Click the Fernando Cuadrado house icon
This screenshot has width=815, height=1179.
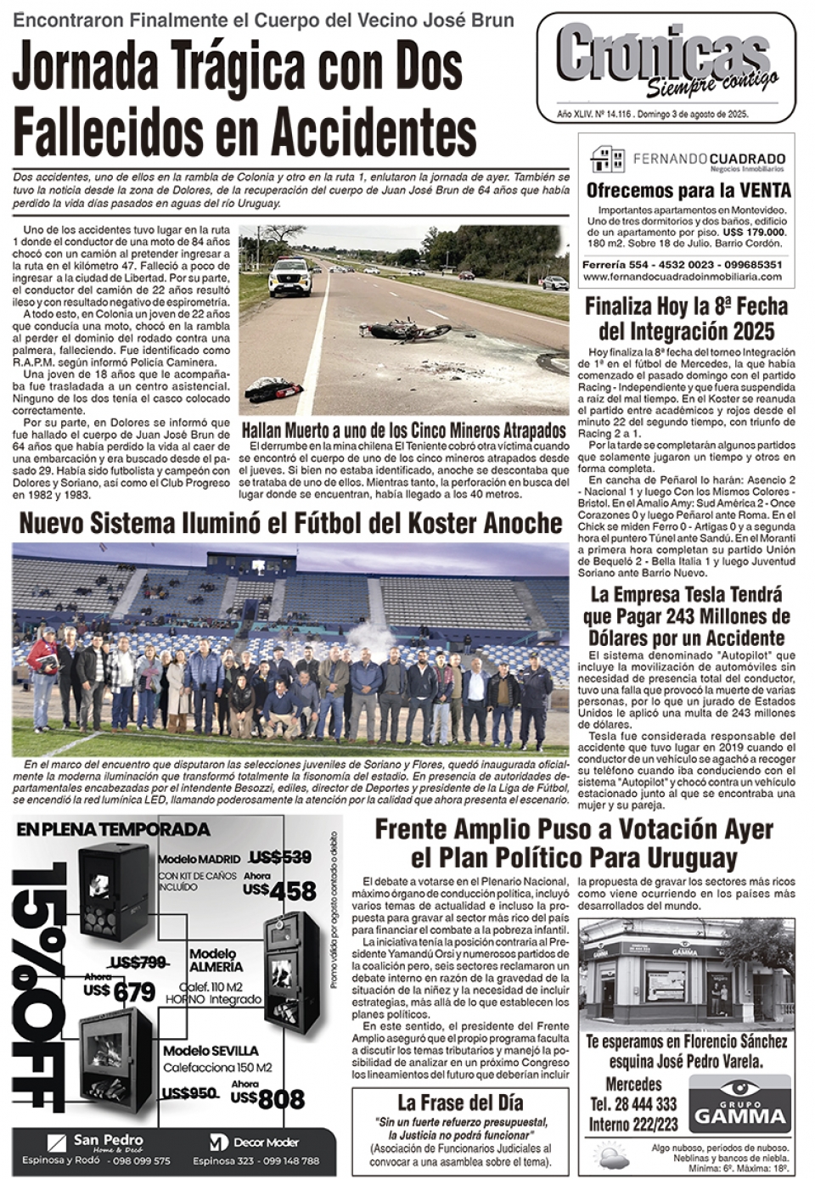point(607,159)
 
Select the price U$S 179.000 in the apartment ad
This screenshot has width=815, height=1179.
point(754,233)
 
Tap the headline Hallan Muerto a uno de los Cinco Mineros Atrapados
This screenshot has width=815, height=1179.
point(403,429)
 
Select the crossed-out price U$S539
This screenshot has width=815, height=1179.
point(279,857)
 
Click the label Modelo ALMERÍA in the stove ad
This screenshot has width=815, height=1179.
point(216,960)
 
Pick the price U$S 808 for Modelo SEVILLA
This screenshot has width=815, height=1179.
point(268,1099)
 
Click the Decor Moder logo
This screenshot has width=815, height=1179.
point(255,1143)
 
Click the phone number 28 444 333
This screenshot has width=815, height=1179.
point(633,1104)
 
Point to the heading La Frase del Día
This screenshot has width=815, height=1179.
point(460,1103)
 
